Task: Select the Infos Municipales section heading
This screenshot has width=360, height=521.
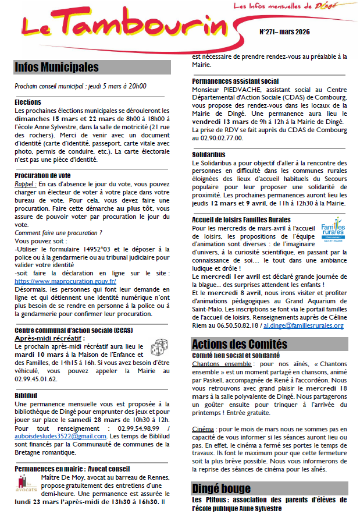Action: point(56,68)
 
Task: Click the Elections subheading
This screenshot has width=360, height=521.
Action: point(28,102)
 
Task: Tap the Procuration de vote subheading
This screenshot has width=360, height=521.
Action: point(44,175)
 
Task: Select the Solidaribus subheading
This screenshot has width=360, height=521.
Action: point(210,155)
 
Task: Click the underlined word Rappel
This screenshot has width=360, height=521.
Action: point(24,183)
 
